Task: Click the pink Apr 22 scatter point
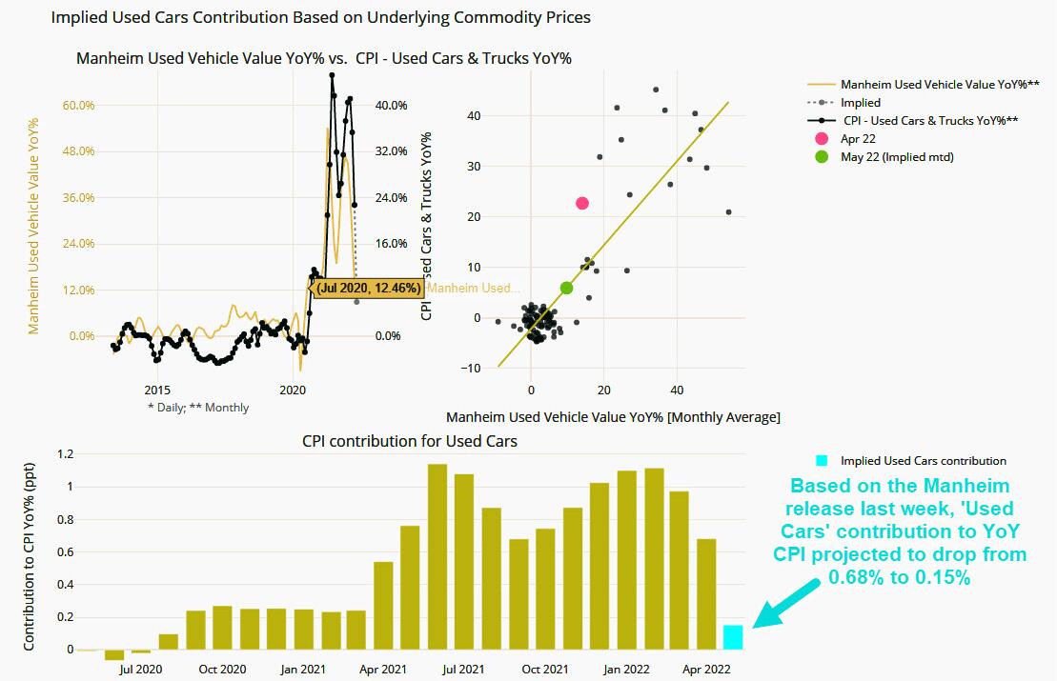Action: [582, 203]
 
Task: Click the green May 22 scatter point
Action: [567, 288]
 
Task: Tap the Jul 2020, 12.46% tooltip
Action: [368, 288]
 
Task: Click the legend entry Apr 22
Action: [858, 138]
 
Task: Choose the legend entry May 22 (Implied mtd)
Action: [896, 156]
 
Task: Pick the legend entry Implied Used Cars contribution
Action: [923, 461]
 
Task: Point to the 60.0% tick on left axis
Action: [79, 105]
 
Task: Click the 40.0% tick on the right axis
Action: [392, 105]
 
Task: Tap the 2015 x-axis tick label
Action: [157, 390]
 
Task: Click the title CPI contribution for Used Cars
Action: [410, 441]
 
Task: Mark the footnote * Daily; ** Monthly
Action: [198, 408]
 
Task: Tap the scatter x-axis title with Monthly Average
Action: [613, 416]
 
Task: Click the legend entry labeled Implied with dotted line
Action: [860, 102]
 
